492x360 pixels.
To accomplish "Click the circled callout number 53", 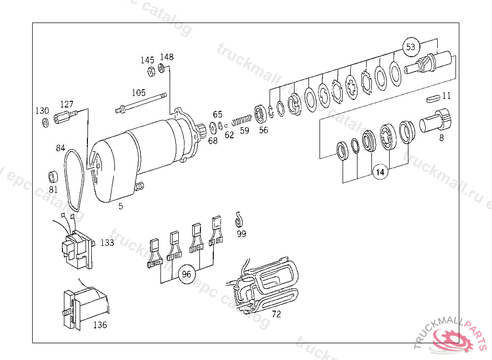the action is pyautogui.click(x=411, y=47).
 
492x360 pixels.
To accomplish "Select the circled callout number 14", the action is pyautogui.click(x=380, y=172).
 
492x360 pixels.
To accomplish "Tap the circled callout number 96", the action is pyautogui.click(x=186, y=275).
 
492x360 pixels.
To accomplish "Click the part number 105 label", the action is pyautogui.click(x=138, y=93).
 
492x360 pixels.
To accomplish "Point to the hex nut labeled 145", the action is pyautogui.click(x=151, y=72).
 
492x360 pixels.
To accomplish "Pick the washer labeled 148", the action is pyautogui.click(x=161, y=68).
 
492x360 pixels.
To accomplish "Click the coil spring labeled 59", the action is pyautogui.click(x=242, y=120).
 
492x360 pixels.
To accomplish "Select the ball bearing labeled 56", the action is pyautogui.click(x=260, y=114).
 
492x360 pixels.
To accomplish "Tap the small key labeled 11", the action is pyautogui.click(x=433, y=99).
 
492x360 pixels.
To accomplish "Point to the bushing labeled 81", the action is pyautogui.click(x=53, y=177).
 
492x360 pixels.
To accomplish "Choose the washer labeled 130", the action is pyautogui.click(x=46, y=122).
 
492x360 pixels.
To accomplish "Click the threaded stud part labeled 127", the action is pyautogui.click(x=65, y=117).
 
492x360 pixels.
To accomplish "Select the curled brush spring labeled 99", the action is pyautogui.click(x=239, y=220).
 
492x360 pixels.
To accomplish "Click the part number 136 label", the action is pyautogui.click(x=100, y=325).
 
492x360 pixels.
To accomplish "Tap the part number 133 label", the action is pyautogui.click(x=107, y=242).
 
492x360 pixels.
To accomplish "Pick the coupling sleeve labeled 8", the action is pyautogui.click(x=435, y=120).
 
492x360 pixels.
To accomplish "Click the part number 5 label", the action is pyautogui.click(x=121, y=206).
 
